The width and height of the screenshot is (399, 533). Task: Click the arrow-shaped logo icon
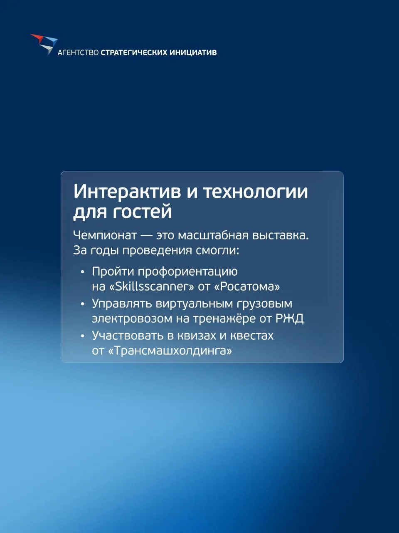tap(44, 44)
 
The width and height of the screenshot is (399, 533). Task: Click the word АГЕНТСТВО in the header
tap(78, 52)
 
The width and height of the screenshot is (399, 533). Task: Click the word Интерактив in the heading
tap(128, 192)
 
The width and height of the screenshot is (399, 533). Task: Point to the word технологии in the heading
tap(255, 192)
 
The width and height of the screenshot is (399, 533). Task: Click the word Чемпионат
tap(105, 236)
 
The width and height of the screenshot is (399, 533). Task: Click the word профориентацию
tap(188, 272)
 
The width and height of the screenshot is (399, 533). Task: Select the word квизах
tap(197, 336)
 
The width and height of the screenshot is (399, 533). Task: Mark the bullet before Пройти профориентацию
tap(83, 272)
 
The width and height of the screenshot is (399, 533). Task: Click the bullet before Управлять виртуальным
tap(83, 304)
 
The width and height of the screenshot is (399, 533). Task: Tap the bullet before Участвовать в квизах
tap(83, 336)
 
